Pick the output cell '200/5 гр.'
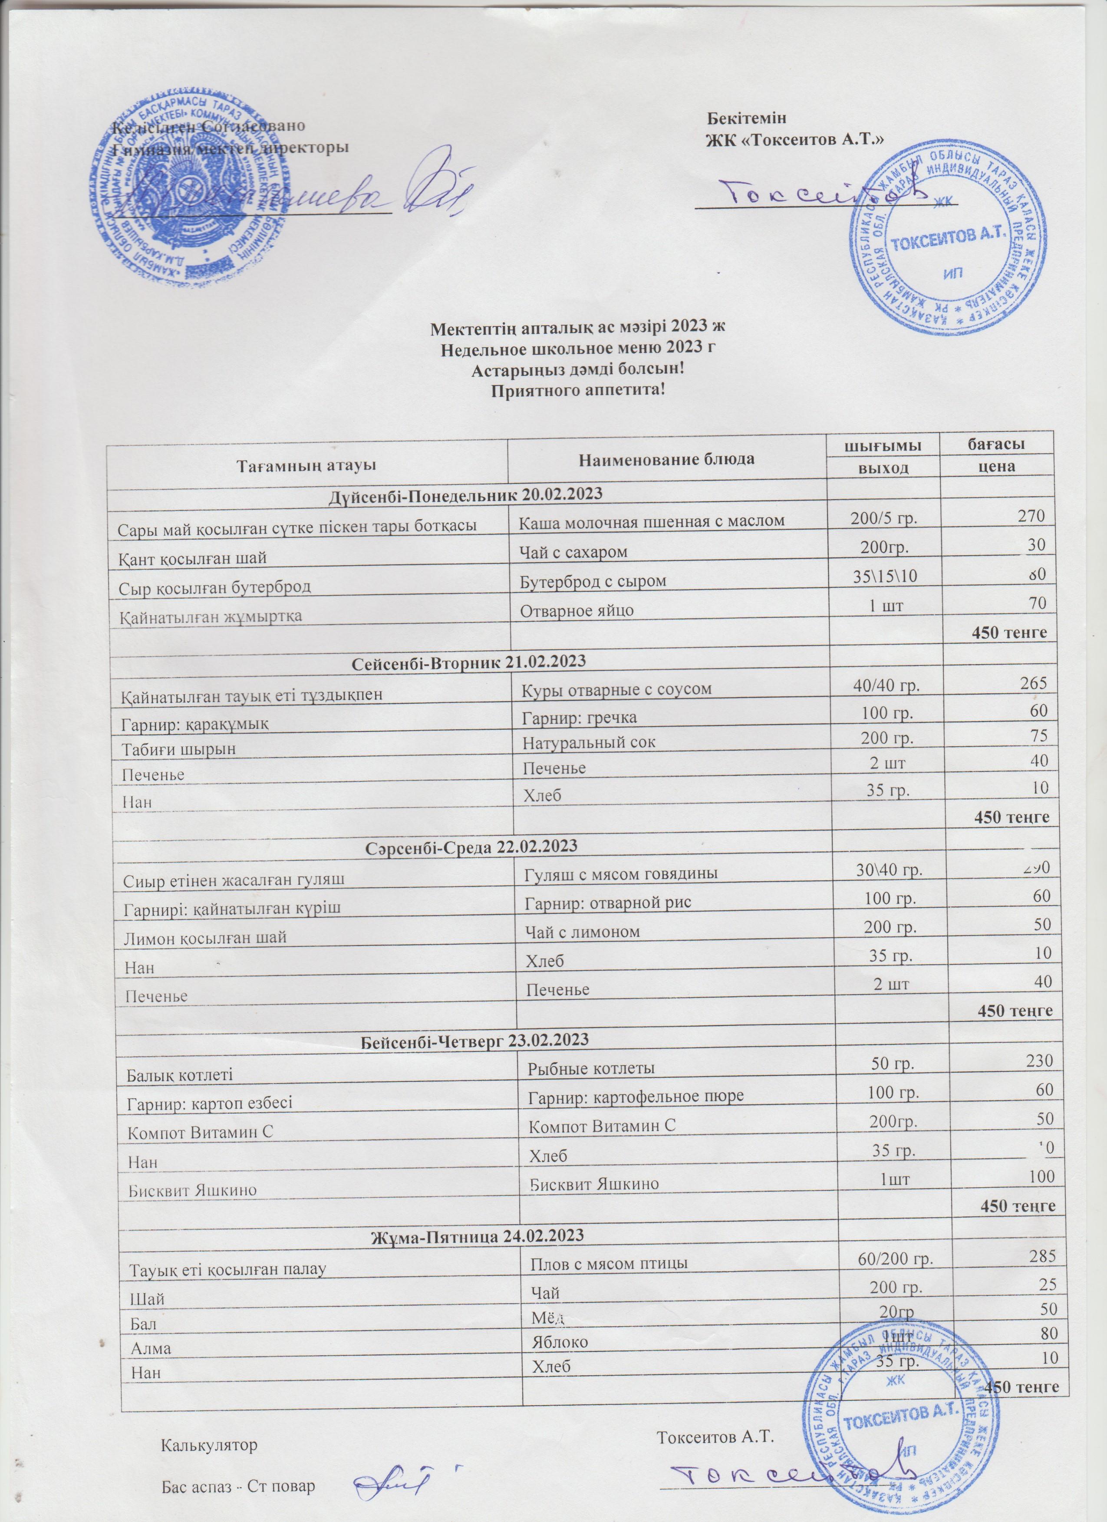884,518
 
